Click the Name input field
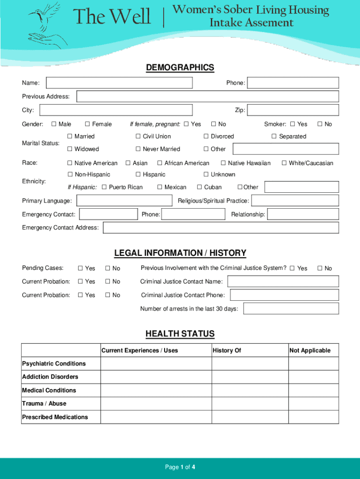coord(119,83)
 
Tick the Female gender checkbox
coord(87,124)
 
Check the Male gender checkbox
coord(54,124)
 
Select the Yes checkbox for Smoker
coord(293,124)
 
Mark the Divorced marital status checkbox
coord(206,137)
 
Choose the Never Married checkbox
coord(138,149)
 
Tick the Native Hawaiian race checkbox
coord(223,163)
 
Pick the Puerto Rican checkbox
coord(104,188)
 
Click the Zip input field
coord(293,110)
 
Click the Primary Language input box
coord(124,201)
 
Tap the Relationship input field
coord(303,214)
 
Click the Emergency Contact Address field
coord(221,228)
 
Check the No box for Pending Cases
coord(108,269)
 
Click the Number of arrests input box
coord(291,309)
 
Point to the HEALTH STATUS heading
coord(180,334)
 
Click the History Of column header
coord(227,350)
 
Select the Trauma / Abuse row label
coord(44,403)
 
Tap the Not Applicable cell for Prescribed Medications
coord(313,417)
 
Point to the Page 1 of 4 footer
coord(180,467)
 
